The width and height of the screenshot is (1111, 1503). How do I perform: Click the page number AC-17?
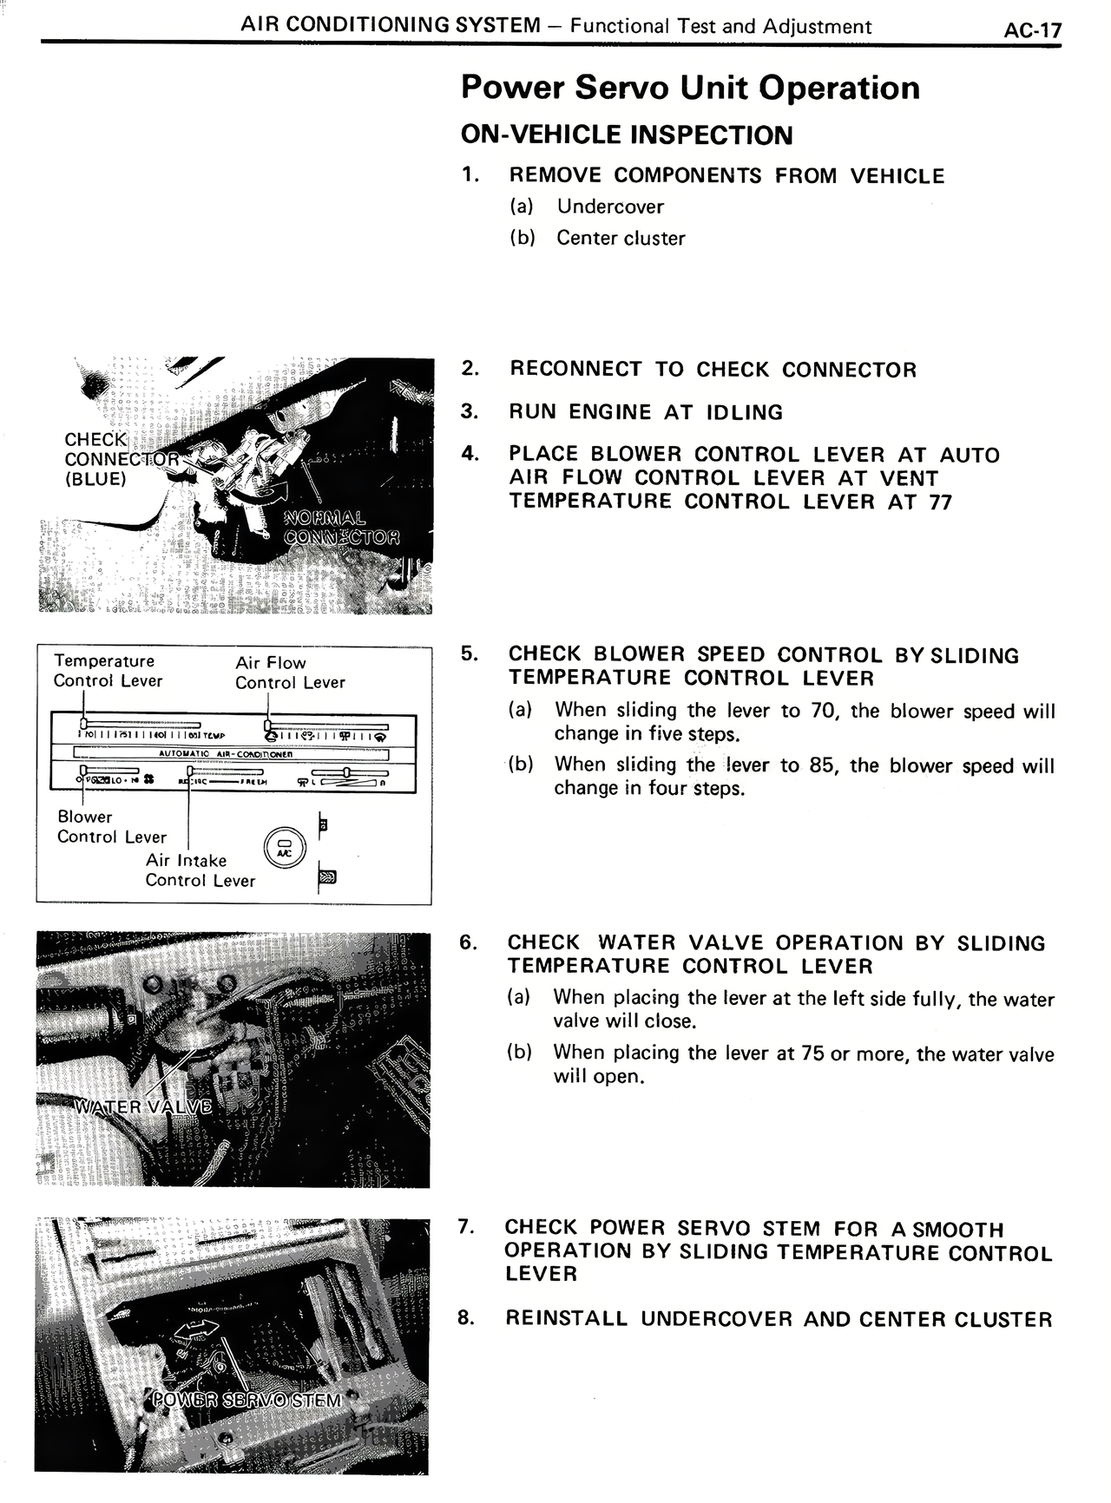coord(1032,30)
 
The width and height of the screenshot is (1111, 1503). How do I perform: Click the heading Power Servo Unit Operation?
coord(690,88)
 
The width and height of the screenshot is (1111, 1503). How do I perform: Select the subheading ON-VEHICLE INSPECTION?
coord(627,135)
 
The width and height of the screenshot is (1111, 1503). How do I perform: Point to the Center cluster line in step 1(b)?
coord(621,238)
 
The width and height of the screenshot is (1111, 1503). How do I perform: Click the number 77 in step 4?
coord(940,502)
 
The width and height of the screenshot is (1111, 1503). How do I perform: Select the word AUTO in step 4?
coord(970,455)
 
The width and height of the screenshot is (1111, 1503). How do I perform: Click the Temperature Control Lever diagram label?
coord(107,671)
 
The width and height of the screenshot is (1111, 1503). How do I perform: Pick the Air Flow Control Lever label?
coord(289,673)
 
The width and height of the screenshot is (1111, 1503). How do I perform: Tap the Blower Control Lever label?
coord(111,827)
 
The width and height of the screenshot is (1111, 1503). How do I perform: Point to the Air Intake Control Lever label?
coord(200,870)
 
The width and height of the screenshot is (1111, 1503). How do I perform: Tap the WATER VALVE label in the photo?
coord(143,1106)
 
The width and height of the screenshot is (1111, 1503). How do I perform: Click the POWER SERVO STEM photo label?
coord(247,1400)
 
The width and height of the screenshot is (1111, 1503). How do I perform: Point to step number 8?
coord(466,1318)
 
